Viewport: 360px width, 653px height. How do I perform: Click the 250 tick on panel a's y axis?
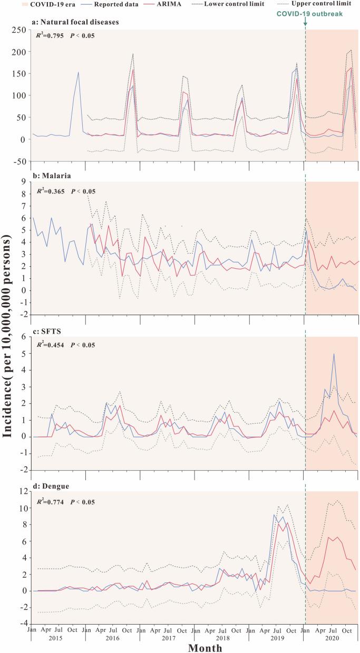[x=19, y=30]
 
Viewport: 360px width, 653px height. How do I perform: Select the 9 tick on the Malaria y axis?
[x=23, y=182]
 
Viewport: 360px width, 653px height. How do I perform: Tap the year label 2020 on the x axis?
[x=331, y=632]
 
